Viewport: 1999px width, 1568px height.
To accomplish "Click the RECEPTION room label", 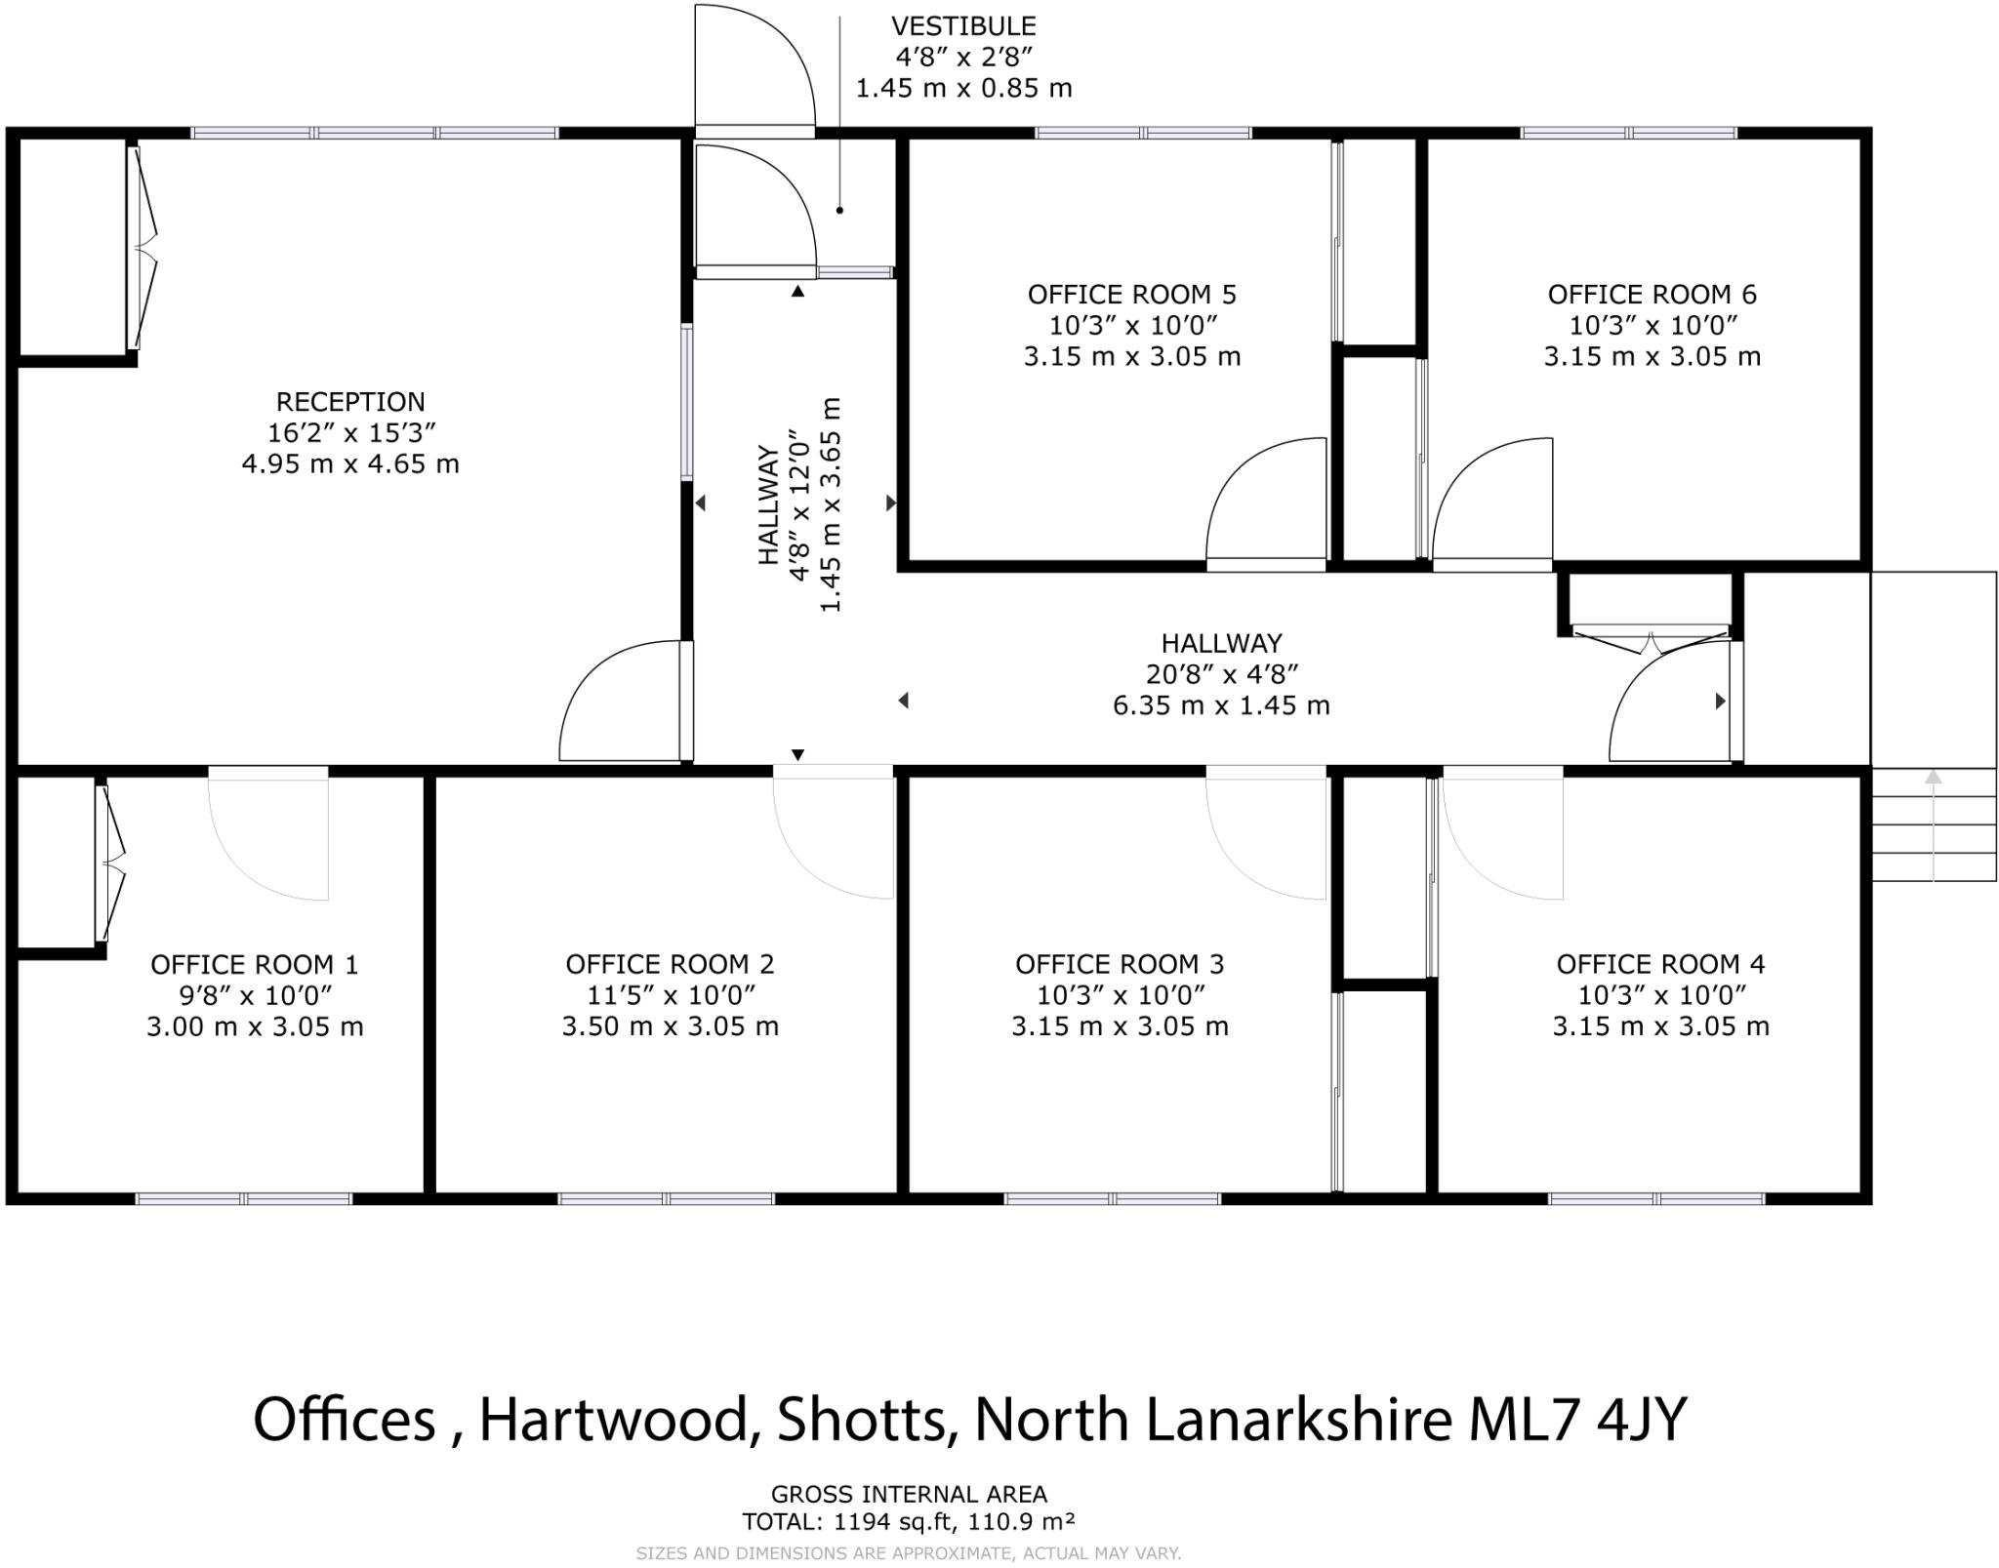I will (x=350, y=402).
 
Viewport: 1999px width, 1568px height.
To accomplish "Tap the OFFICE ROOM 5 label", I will (x=1131, y=295).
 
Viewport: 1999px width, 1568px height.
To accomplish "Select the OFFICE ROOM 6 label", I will (x=1652, y=295).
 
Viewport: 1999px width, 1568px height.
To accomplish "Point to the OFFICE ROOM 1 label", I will (x=255, y=965).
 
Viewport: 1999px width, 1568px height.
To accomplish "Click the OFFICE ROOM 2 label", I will (x=670, y=964).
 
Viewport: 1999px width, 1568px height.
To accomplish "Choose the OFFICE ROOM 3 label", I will (x=1120, y=964).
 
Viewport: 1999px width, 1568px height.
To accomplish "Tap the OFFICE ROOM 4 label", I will (x=1660, y=964).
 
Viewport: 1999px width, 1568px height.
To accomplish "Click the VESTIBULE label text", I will (x=963, y=26).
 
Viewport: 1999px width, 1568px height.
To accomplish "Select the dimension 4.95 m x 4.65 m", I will (x=350, y=463).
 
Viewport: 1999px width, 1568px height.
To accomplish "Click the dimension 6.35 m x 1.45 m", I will (x=1221, y=704).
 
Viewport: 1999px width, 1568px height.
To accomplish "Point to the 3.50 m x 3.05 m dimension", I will (x=670, y=1026).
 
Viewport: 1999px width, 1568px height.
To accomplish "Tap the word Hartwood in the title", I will (x=613, y=1420).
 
